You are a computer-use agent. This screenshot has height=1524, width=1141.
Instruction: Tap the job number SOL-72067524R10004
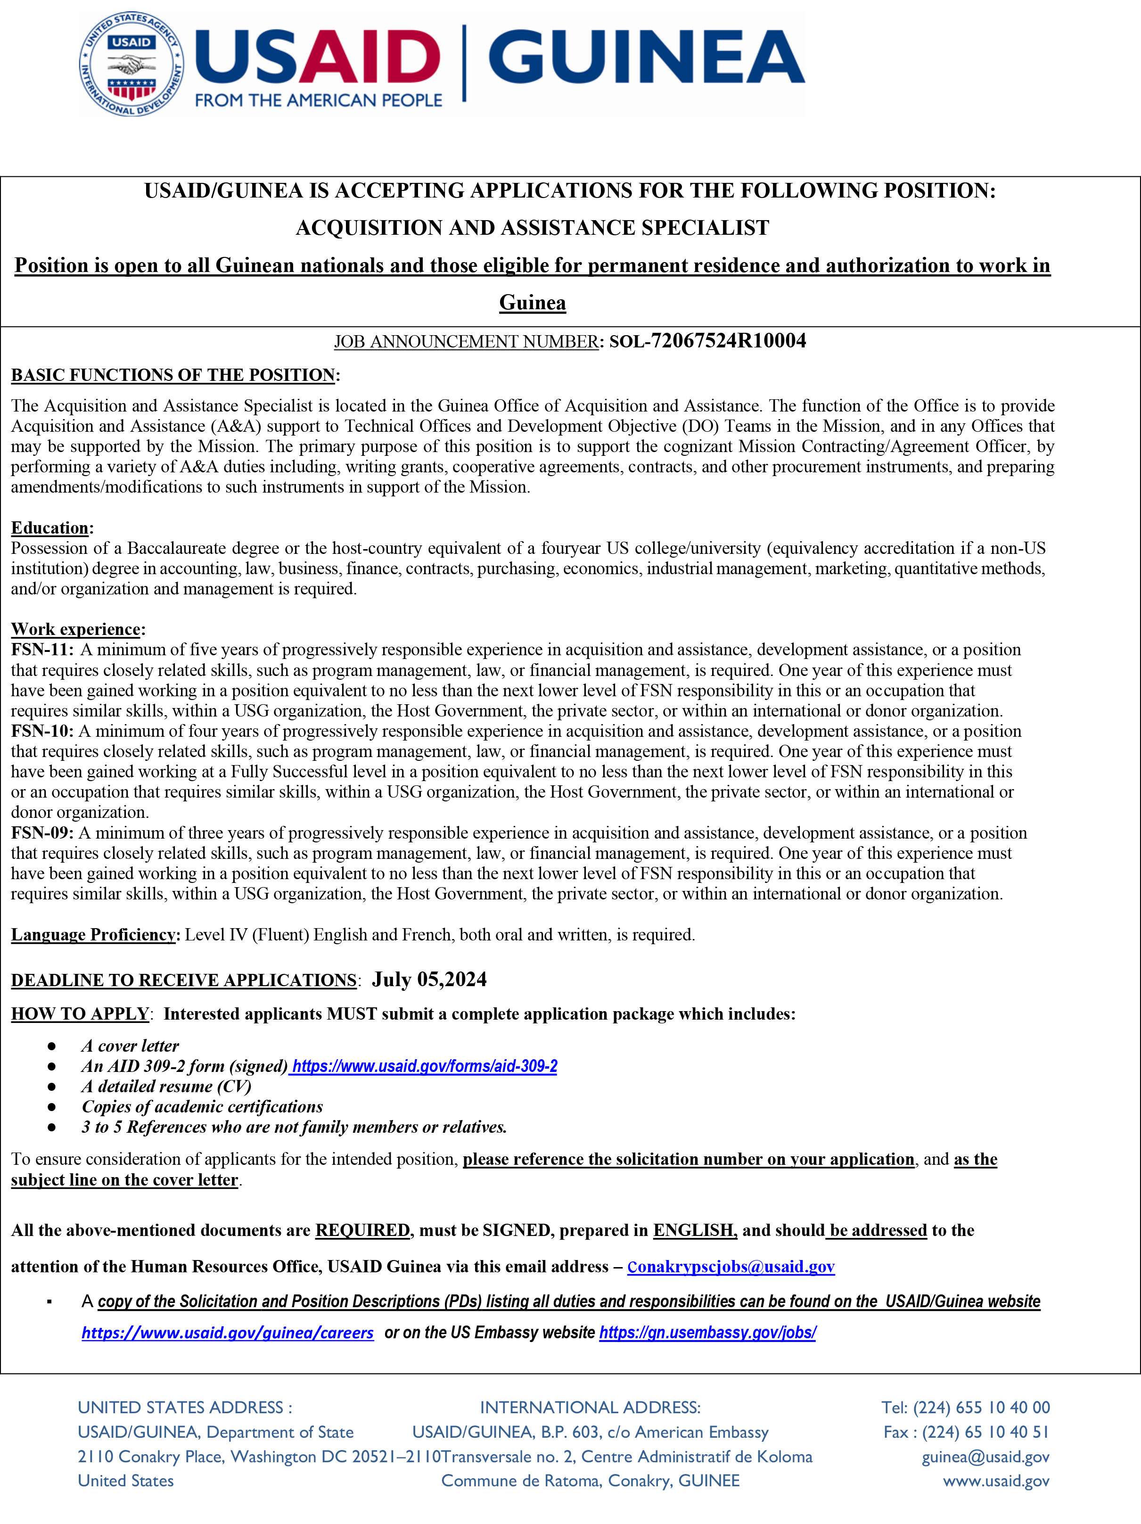pos(707,341)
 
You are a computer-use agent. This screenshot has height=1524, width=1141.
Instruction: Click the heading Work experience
pos(76,629)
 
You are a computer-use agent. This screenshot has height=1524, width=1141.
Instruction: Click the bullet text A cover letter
pos(130,1046)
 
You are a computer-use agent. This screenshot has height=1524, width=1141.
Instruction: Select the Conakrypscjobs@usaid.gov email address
pos(731,1266)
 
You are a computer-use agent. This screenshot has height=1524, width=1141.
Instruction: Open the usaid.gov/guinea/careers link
pos(227,1333)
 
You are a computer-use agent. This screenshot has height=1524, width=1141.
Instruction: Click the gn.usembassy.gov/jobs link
pos(707,1333)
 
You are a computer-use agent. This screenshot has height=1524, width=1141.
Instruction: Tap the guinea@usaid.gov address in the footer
pos(985,1457)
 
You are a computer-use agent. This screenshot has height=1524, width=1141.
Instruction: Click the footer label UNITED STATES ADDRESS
pos(185,1407)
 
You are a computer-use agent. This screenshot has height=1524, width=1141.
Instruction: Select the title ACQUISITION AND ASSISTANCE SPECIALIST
pos(532,228)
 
